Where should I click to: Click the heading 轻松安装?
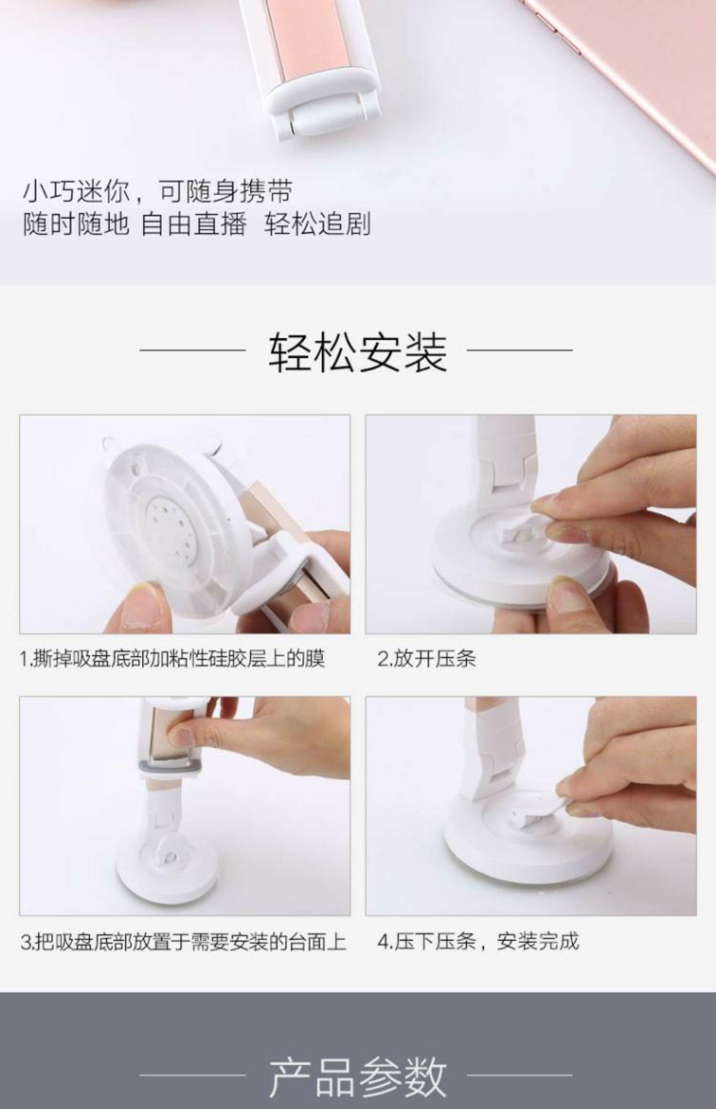(x=358, y=353)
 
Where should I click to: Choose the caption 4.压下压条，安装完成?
(x=478, y=941)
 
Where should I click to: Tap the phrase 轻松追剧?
(x=317, y=224)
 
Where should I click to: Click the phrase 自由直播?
(x=194, y=224)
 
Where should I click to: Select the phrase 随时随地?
(x=76, y=224)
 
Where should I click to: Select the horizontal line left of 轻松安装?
(x=192, y=350)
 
